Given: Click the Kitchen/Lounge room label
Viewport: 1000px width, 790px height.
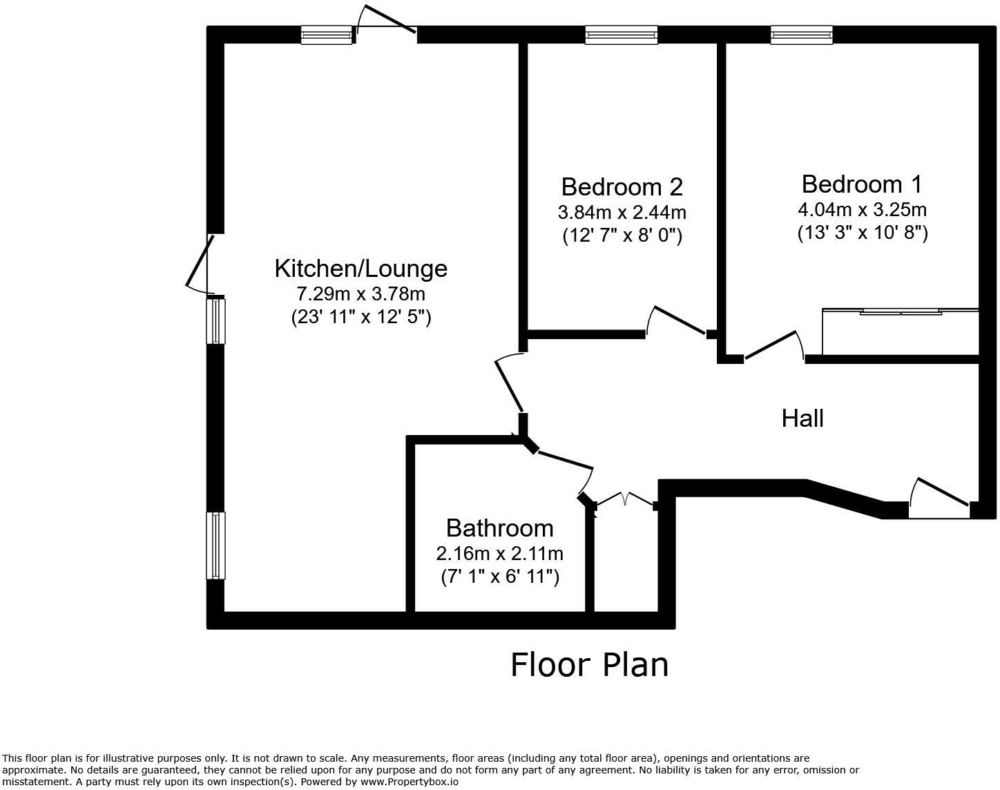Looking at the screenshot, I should [360, 268].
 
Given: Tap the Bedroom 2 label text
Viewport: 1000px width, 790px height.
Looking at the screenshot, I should [622, 186].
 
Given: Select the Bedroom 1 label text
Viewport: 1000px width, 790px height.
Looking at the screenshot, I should [861, 184].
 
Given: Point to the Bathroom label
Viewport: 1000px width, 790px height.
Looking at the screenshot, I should [499, 528].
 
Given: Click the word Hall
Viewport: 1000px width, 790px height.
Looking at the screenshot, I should [802, 418].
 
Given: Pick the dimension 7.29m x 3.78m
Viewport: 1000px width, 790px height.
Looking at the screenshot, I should [360, 293].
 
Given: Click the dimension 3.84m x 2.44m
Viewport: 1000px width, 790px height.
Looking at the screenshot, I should [622, 211].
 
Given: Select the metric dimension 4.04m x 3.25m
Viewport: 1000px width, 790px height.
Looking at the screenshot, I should [862, 209].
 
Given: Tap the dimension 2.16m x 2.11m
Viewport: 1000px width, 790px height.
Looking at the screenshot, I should [499, 553].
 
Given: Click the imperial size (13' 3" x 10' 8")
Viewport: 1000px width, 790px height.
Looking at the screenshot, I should [862, 233].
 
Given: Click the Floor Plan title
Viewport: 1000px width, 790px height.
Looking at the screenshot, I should [589, 664].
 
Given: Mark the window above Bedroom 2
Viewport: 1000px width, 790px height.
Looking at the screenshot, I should [621, 35].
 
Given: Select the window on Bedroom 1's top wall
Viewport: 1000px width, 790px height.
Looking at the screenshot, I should [801, 35].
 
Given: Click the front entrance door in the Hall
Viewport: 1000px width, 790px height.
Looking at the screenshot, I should [939, 496].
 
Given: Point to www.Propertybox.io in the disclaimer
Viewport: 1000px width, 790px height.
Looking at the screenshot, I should [409, 782].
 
